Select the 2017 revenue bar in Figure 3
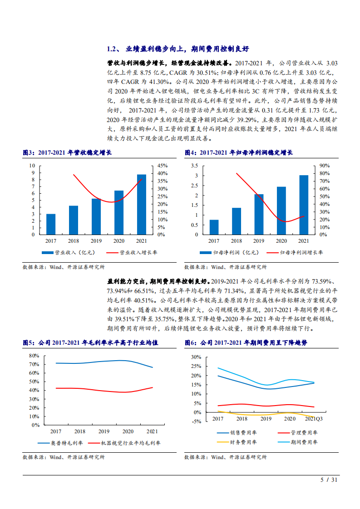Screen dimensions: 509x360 [51, 224]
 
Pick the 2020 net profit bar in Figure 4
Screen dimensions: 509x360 [281, 210]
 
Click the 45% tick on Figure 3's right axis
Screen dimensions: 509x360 [163, 166]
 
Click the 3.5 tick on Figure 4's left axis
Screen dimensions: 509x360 [194, 166]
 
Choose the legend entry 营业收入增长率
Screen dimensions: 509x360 [136, 253]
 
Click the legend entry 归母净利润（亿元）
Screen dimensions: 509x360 [229, 253]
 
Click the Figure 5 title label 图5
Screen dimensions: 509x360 [29, 343]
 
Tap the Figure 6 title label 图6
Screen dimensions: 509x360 [190, 343]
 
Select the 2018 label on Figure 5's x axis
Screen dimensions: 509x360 [80, 431]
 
